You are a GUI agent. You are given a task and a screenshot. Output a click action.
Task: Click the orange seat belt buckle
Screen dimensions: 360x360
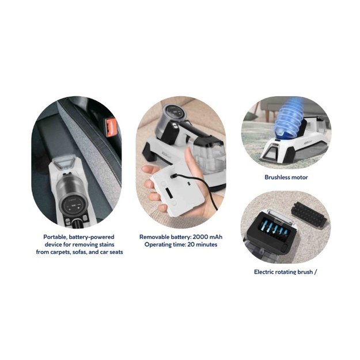tap(111, 127)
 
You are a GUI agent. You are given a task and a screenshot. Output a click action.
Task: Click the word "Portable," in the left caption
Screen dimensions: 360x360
tap(55, 237)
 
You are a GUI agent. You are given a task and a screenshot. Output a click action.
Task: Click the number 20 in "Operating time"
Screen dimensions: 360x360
tap(191, 245)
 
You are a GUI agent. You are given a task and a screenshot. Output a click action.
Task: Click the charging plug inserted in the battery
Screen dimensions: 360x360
tap(174, 176)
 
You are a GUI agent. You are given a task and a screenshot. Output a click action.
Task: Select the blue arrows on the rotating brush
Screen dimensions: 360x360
tap(274, 230)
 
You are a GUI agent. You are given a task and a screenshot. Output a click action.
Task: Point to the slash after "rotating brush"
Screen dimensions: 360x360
tap(316, 272)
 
